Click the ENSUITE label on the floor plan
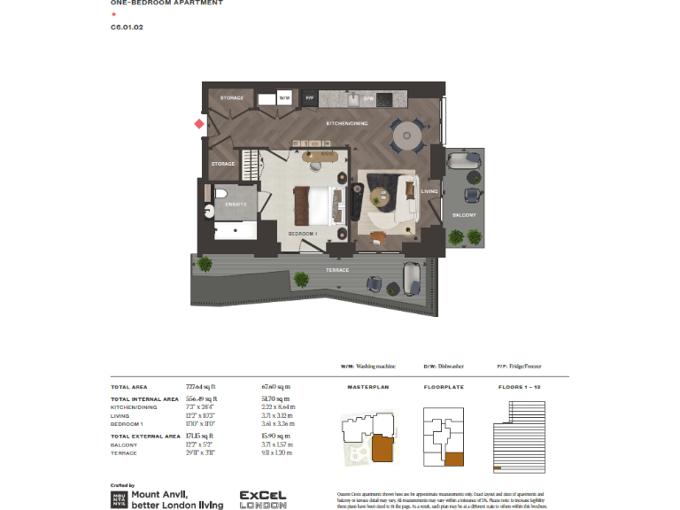(235, 205)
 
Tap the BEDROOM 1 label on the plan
(303, 234)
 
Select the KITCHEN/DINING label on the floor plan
(346, 123)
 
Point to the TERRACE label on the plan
(337, 270)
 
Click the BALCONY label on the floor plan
(465, 215)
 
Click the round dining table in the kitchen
(407, 135)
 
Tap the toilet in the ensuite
(221, 193)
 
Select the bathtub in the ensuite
(236, 232)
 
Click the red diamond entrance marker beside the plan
(199, 124)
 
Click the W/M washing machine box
(285, 98)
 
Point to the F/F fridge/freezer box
(311, 98)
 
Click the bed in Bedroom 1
(318, 205)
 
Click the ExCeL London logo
(263, 500)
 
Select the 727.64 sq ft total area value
(201, 387)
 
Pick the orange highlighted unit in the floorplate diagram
(454, 459)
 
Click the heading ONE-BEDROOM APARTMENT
(166, 4)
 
